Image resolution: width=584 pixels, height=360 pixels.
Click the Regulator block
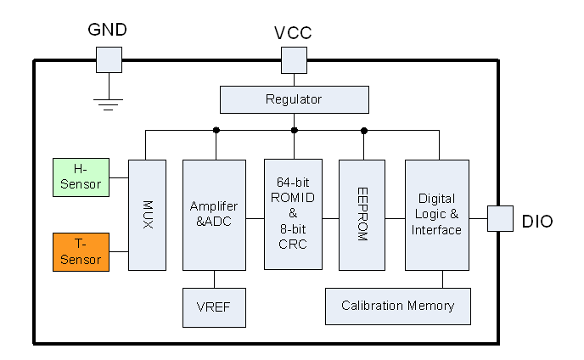pyautogui.click(x=294, y=99)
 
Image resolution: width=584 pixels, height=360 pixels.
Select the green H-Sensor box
pyautogui.click(x=81, y=177)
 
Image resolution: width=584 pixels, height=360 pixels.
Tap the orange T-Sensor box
pyautogui.click(x=81, y=252)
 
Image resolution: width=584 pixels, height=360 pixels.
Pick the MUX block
pyautogui.click(x=147, y=215)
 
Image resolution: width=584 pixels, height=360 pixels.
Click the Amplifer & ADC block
pyautogui.click(x=214, y=215)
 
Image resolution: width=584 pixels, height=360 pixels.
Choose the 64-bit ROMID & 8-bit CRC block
pyautogui.click(x=293, y=214)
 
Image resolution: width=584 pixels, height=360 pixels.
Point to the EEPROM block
pyautogui.click(x=362, y=215)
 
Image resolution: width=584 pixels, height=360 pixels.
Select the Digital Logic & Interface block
pyautogui.click(x=436, y=215)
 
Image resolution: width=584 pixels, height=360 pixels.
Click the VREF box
pyautogui.click(x=214, y=307)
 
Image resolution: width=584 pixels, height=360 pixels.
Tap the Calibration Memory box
pyautogui.click(x=397, y=306)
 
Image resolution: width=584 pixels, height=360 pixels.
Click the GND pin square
pyautogui.click(x=108, y=59)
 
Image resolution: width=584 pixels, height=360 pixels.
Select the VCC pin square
pyautogui.click(x=294, y=59)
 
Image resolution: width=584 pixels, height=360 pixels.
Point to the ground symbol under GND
pyautogui.click(x=108, y=104)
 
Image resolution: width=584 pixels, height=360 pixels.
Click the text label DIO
pyautogui.click(x=537, y=222)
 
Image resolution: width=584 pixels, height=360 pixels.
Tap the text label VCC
pyautogui.click(x=293, y=33)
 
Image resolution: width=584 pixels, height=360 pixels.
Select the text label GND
pyautogui.click(x=108, y=30)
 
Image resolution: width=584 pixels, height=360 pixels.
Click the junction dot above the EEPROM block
pyautogui.click(x=363, y=130)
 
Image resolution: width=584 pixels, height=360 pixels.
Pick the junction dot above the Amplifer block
pyautogui.click(x=216, y=130)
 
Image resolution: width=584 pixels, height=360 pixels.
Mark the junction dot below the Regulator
pyautogui.click(x=294, y=130)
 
